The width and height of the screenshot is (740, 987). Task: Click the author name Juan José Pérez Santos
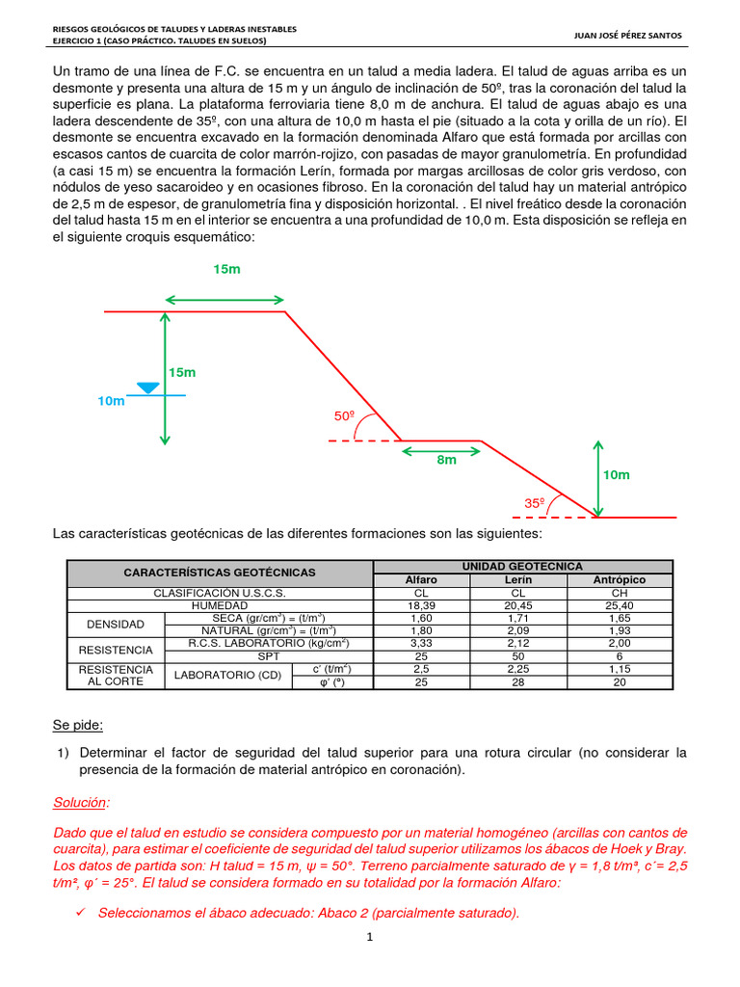(x=626, y=36)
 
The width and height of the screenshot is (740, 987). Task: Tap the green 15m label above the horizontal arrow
(x=226, y=270)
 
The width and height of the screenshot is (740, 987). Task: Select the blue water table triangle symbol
(x=147, y=387)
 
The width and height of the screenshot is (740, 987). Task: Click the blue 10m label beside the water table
(x=111, y=401)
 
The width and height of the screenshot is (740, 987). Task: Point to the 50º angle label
(x=345, y=415)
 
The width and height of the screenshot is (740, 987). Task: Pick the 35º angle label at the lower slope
(x=535, y=503)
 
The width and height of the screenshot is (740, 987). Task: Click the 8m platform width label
(x=446, y=461)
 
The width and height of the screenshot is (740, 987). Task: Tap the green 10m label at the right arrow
(x=616, y=475)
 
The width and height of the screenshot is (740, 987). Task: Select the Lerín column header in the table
(x=517, y=579)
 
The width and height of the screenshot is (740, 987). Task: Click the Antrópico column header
(x=620, y=579)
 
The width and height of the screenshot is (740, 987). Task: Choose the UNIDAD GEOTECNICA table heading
(x=523, y=566)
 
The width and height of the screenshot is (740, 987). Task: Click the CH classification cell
(x=620, y=592)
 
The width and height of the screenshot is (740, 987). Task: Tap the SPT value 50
(x=517, y=655)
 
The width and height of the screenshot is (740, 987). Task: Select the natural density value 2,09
(x=517, y=630)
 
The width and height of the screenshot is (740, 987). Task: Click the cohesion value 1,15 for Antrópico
(x=620, y=668)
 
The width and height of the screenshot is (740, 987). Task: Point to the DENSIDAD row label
(x=117, y=624)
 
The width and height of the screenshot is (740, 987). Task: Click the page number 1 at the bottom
(x=369, y=936)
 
